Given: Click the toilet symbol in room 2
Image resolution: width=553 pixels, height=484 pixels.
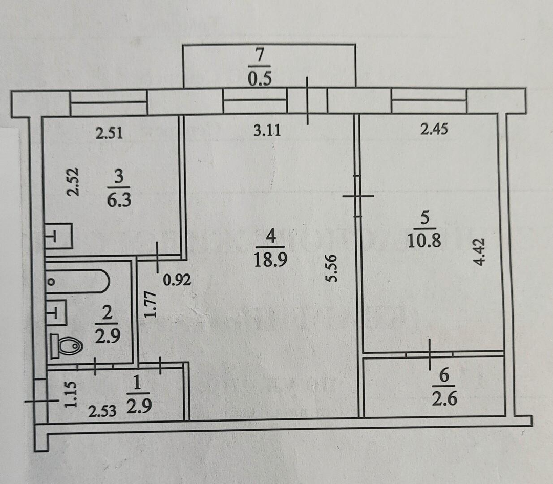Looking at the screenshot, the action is [67, 346].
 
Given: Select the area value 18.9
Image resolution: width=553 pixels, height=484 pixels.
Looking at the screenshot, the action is [271, 260].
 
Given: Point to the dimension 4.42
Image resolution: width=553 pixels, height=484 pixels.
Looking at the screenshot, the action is [480, 251].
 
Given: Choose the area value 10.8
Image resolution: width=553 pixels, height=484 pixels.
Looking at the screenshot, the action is [424, 241].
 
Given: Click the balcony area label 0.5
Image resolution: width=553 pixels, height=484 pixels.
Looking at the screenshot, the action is [260, 78].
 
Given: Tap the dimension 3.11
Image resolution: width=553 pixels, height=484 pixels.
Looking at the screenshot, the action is [267, 131].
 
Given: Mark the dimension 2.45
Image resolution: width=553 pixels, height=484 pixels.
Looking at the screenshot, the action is [434, 129].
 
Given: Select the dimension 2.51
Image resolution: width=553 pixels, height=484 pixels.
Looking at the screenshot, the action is [110, 133].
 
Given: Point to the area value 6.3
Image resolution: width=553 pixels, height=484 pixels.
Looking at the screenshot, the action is [119, 200].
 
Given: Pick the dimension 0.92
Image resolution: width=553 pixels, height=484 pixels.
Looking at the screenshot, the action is [177, 280].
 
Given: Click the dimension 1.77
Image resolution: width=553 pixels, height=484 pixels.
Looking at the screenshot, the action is [150, 304].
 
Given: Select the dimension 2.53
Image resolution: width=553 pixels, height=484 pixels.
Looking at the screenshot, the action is [102, 411].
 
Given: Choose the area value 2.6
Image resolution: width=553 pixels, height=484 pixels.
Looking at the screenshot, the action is [444, 398].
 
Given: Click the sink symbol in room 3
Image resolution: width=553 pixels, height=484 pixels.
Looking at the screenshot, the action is [58, 236].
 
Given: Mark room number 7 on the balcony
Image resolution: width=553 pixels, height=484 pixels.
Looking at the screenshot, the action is [260, 56].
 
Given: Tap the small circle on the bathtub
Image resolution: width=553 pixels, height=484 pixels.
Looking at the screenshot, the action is [52, 282].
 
